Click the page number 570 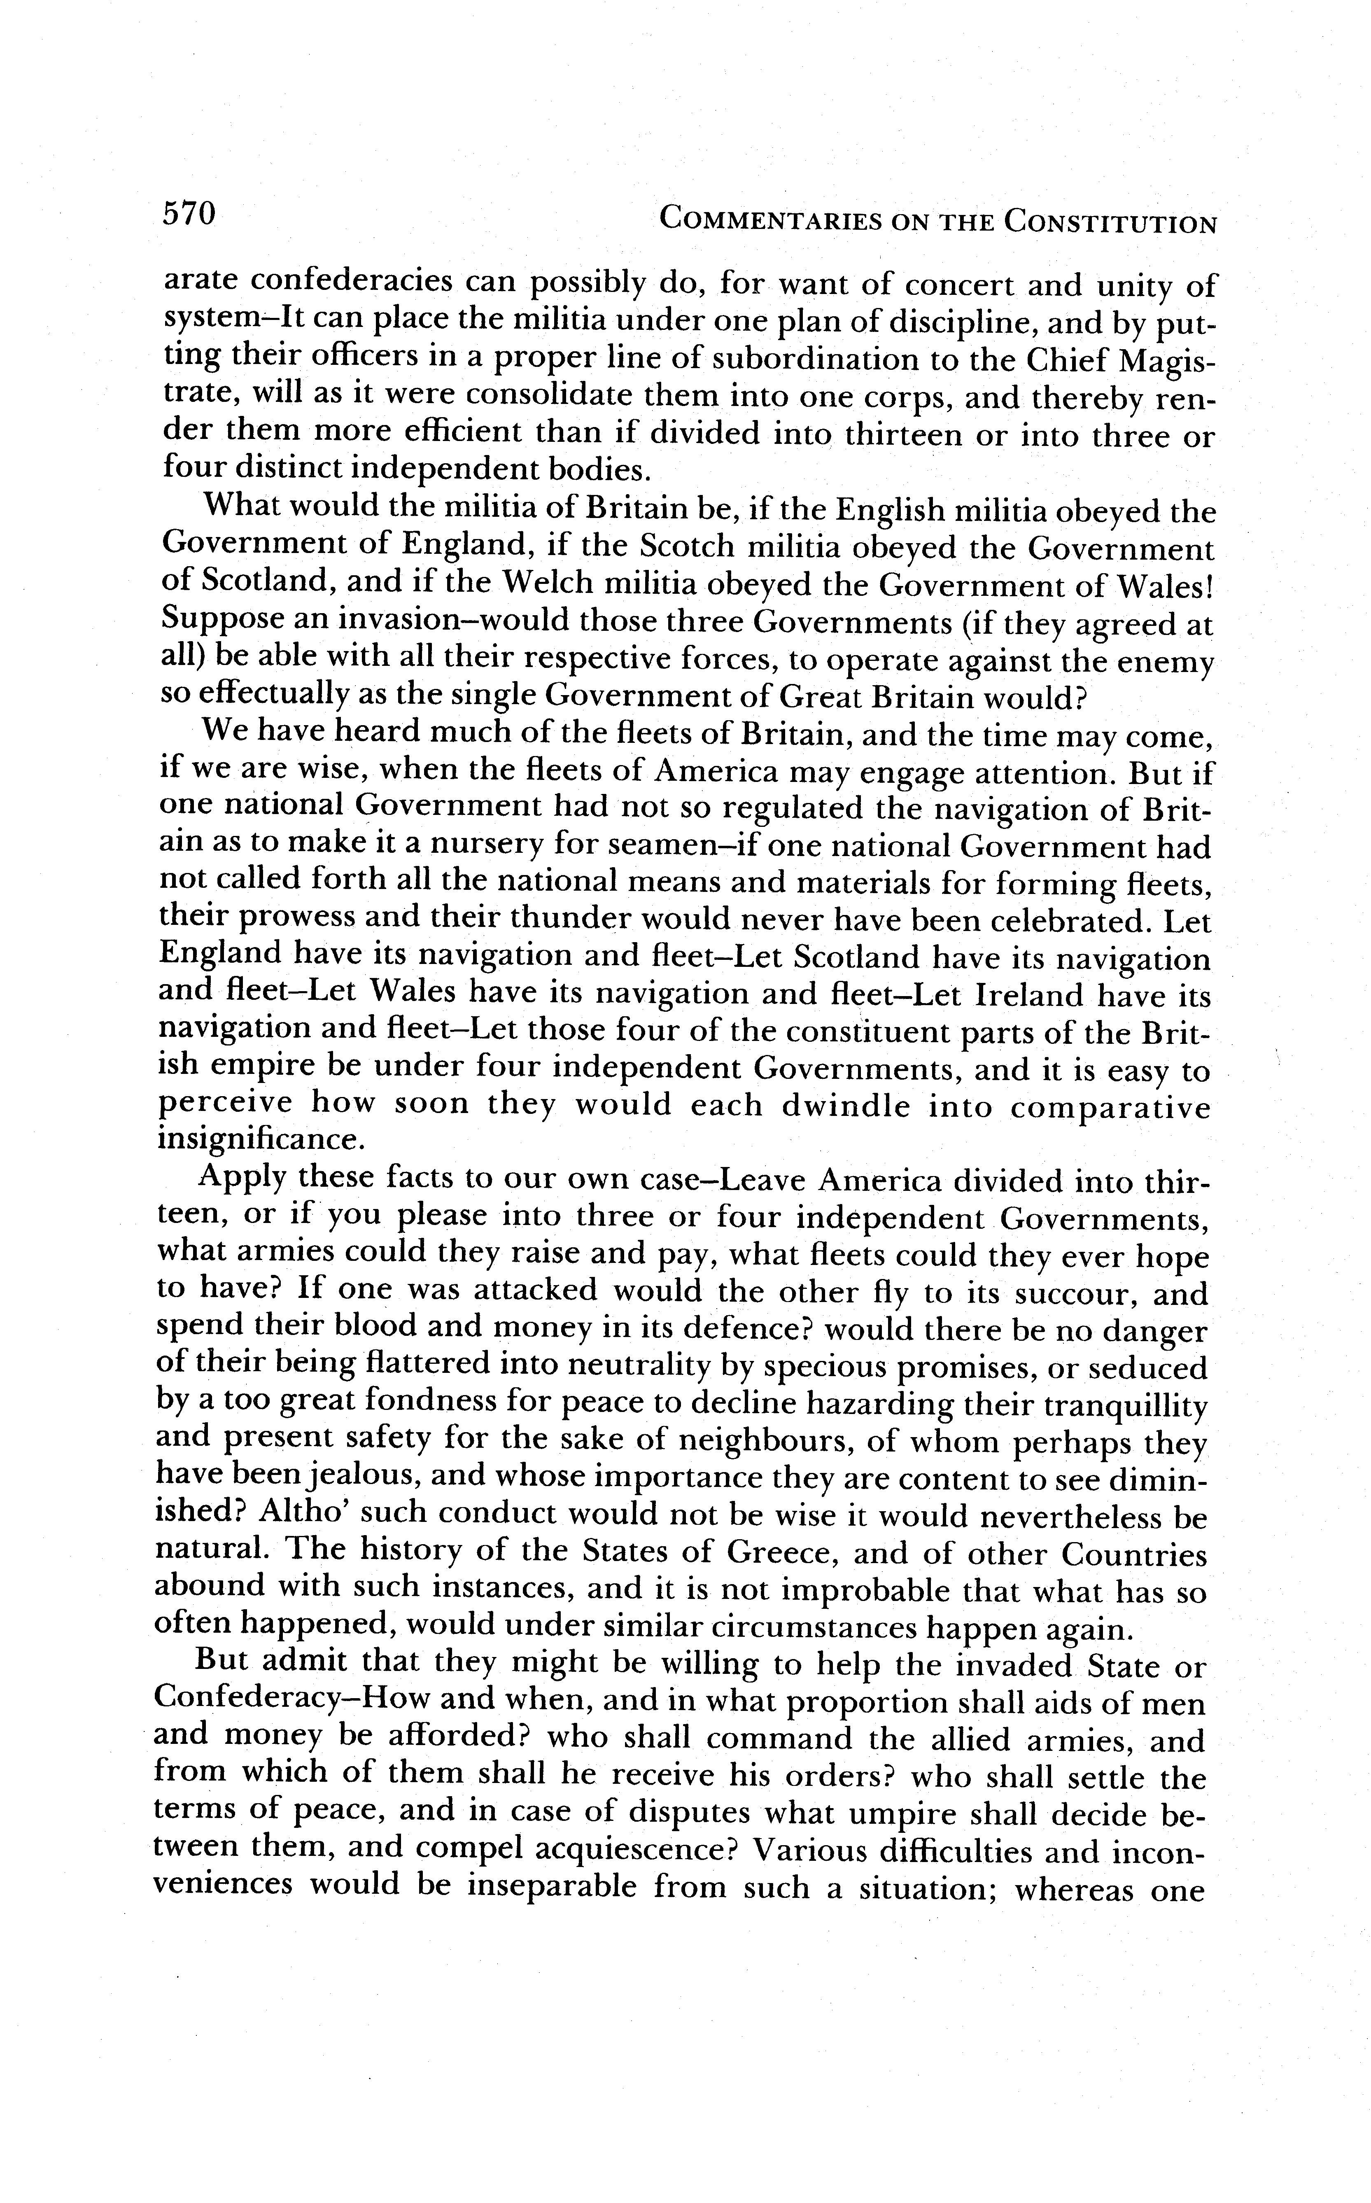click(189, 214)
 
